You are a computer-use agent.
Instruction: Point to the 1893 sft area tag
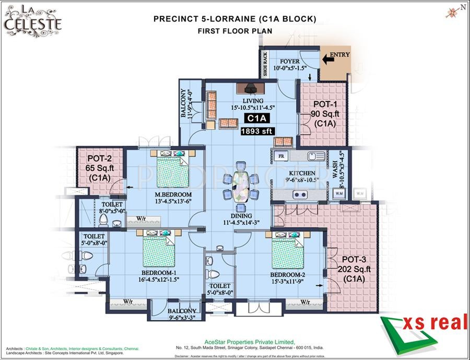coord(256,132)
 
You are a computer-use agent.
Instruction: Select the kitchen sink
coord(315,156)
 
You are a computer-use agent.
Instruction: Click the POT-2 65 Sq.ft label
coord(101,168)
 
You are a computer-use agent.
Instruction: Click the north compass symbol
coord(453,11)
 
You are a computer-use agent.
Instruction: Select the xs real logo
coord(424,329)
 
